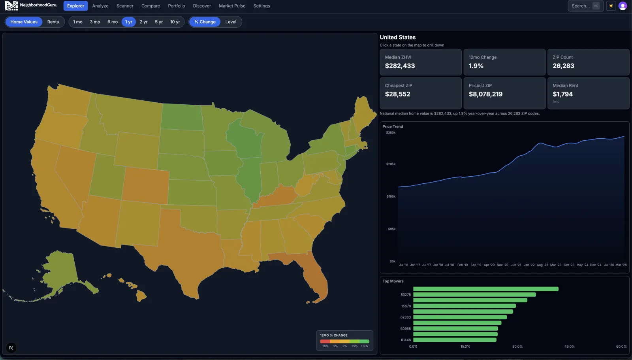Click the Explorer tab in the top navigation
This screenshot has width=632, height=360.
coord(75,6)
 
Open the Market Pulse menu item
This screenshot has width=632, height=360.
coord(232,6)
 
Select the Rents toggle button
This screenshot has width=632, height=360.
coord(53,22)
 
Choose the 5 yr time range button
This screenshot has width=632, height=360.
coord(159,22)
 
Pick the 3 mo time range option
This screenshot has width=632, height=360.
coord(95,22)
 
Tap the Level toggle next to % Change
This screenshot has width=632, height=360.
coord(231,22)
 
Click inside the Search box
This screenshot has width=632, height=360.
coord(581,6)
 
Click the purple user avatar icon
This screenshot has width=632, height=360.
coord(623,6)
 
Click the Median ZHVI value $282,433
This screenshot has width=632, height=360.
coord(400,66)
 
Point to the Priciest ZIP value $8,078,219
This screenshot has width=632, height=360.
coord(485,94)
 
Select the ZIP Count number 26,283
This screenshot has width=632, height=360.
coord(563,66)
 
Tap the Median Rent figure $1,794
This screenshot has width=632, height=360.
coord(562,94)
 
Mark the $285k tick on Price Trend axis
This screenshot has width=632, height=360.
coord(391,164)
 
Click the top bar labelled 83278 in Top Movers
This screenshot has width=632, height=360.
coord(474,294)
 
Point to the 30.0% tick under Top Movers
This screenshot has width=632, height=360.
coord(517,347)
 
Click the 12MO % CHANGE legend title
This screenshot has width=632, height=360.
coord(334,335)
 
